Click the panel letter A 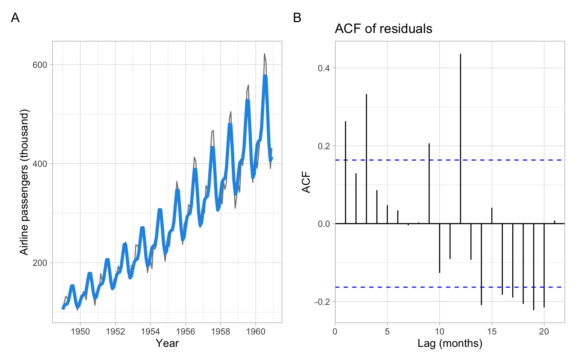pyautogui.click(x=15, y=18)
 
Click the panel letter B pyautogui.click(x=297, y=18)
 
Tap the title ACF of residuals pyautogui.click(x=383, y=29)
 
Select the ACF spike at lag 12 pyautogui.click(x=460, y=139)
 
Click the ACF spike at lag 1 pyautogui.click(x=345, y=172)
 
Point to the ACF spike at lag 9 pyautogui.click(x=429, y=183)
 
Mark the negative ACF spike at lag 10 pyautogui.click(x=439, y=248)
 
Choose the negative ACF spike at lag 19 pyautogui.click(x=534, y=267)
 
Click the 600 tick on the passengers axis pyautogui.click(x=40, y=65)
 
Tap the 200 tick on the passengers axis pyautogui.click(x=40, y=263)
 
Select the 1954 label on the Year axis pyautogui.click(x=150, y=331)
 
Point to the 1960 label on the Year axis pyautogui.click(x=256, y=331)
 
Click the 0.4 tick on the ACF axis pyautogui.click(x=324, y=68)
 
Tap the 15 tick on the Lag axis pyautogui.click(x=492, y=331)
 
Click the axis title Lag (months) pyautogui.click(x=450, y=343)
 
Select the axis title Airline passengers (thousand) pyautogui.click(x=24, y=182)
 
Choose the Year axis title pyautogui.click(x=167, y=343)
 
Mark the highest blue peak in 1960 pyautogui.click(x=265, y=76)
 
